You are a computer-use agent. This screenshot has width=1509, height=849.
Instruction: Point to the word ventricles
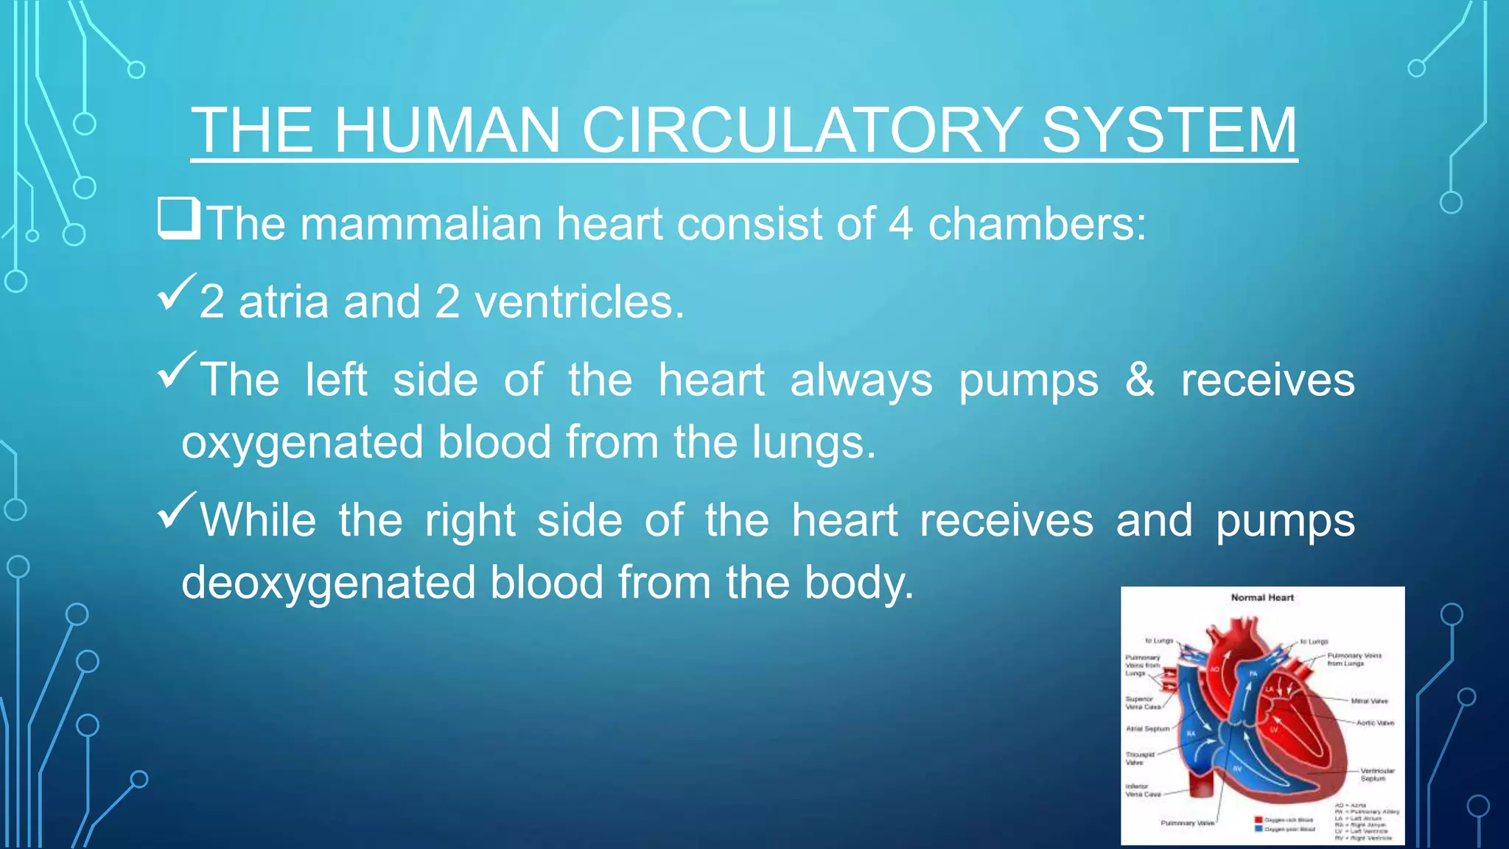click(579, 302)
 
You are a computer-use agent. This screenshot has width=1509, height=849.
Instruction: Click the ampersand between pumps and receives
click(1139, 380)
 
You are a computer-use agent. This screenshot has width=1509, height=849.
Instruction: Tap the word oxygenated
click(302, 442)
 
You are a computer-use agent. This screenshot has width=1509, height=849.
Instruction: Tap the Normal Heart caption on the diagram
click(1262, 598)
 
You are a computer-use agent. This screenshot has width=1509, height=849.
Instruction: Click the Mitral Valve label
click(1369, 701)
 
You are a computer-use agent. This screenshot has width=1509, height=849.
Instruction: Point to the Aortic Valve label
click(1375, 723)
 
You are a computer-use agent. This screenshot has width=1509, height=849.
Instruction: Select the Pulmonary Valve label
click(1187, 823)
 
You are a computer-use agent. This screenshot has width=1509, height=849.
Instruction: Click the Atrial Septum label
click(1147, 729)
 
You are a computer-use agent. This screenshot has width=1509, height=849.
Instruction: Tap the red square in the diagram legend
click(1258, 820)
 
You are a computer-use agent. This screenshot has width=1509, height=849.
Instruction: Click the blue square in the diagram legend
click(1258, 829)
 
